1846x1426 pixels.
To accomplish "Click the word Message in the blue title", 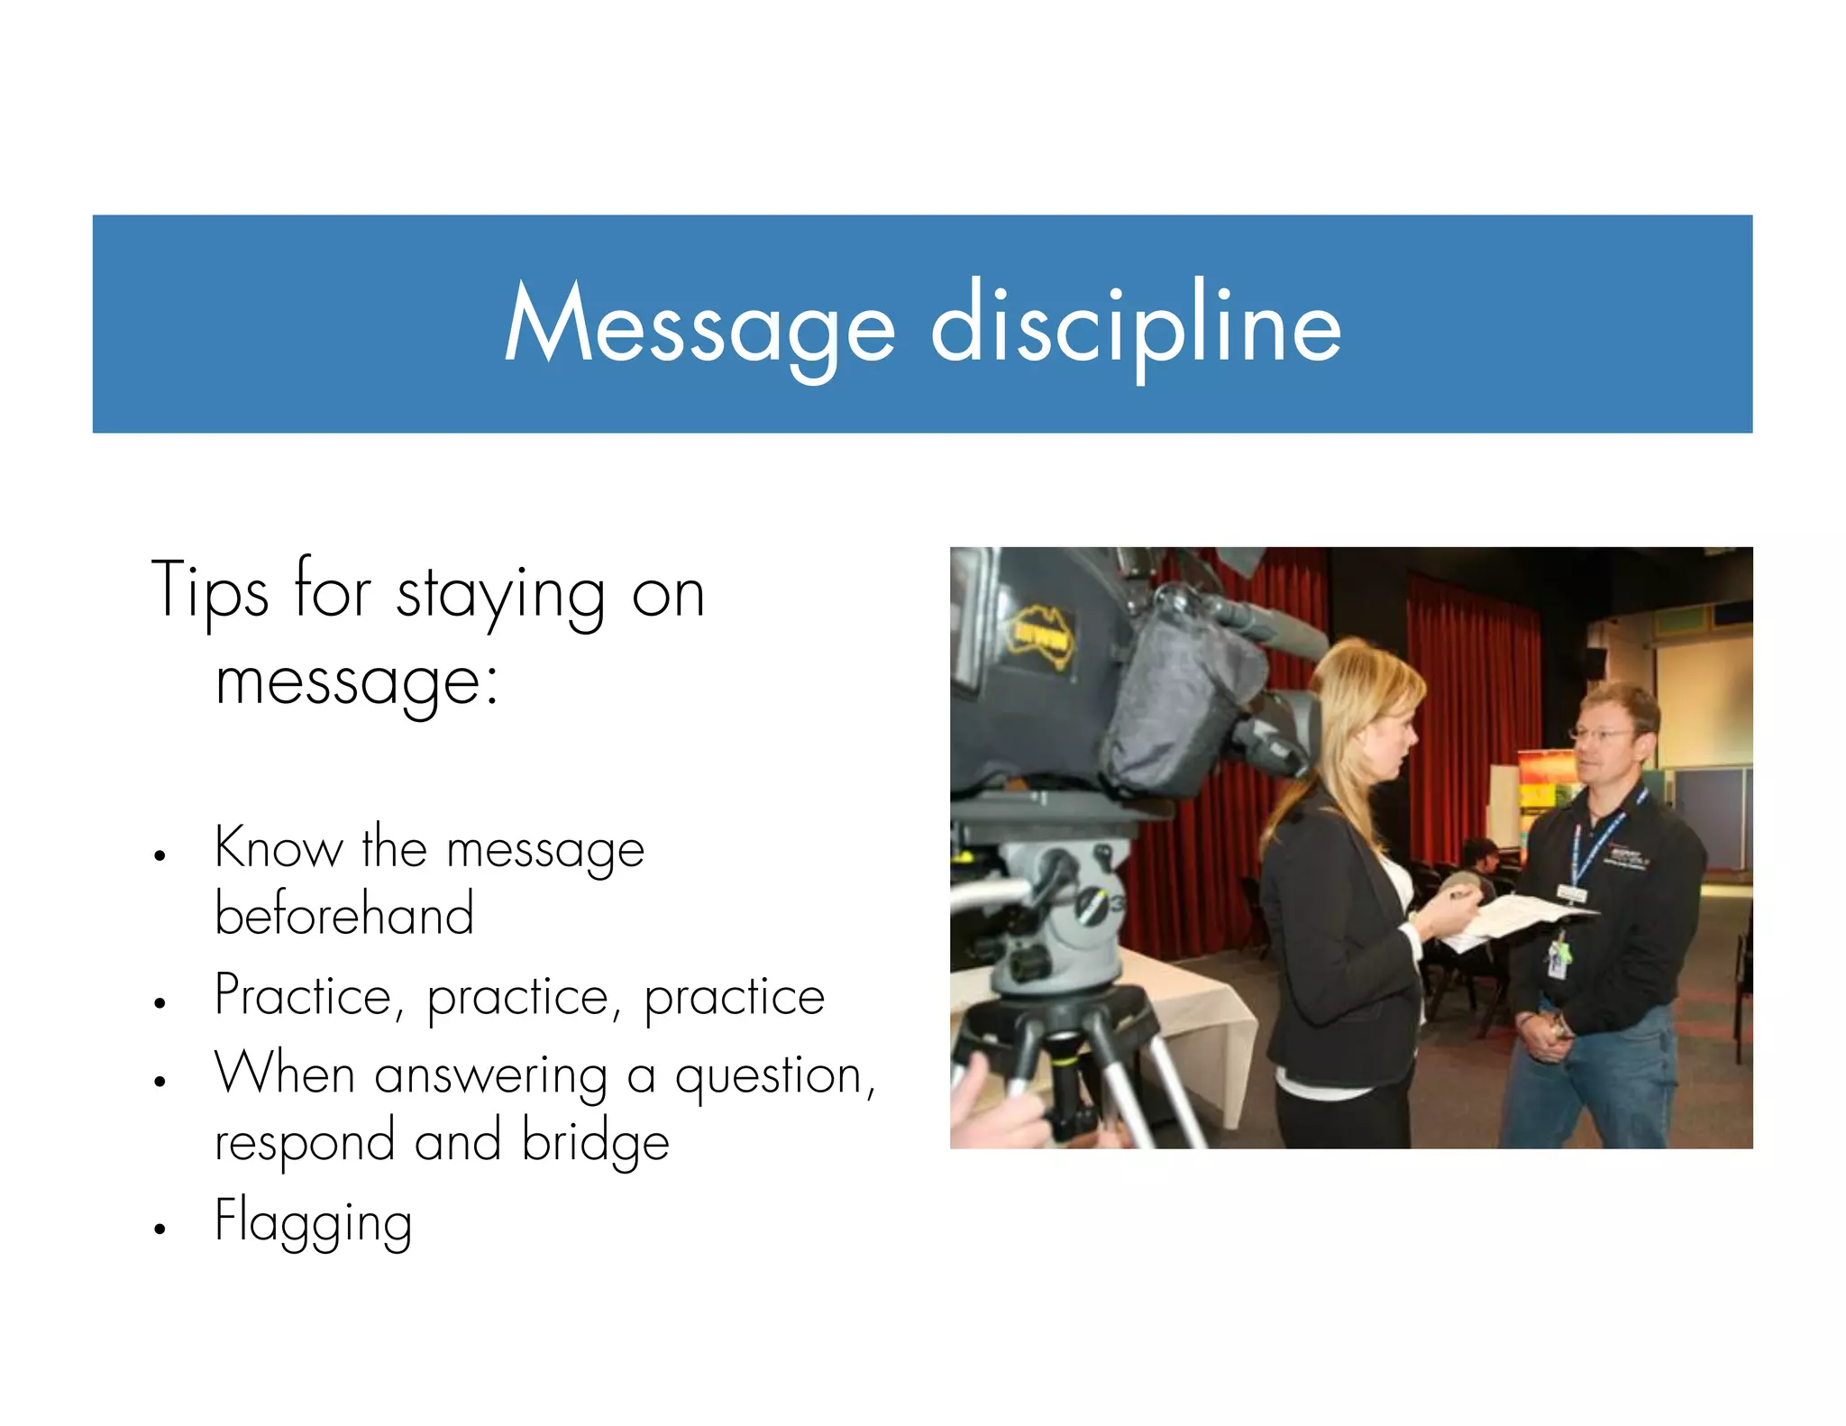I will [x=699, y=325].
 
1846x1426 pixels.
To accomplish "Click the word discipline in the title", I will [x=1136, y=325].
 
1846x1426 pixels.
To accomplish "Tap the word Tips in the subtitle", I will [x=209, y=590].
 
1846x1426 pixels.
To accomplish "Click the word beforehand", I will [x=343, y=914].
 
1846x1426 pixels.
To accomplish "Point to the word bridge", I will [x=595, y=1141].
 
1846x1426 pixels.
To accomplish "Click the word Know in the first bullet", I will [x=279, y=848].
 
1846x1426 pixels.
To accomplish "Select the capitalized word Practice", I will [x=304, y=997].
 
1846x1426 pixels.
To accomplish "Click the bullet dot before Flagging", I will [x=160, y=1228].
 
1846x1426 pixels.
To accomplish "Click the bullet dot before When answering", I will [x=160, y=1081].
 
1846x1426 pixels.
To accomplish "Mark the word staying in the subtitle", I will [x=500, y=595].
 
